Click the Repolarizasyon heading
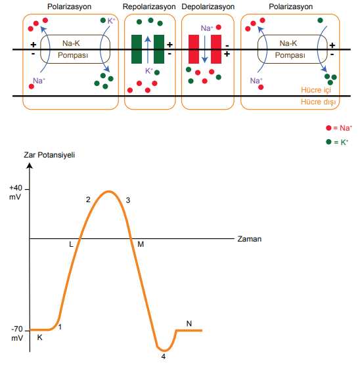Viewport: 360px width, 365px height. coord(149,7)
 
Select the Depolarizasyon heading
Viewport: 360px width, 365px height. coord(208,7)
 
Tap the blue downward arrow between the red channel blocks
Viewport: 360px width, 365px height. coord(204,49)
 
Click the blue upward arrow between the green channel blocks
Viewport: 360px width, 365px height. coord(148,50)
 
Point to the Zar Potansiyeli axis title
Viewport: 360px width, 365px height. coord(49,155)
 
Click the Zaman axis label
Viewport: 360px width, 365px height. coord(250,239)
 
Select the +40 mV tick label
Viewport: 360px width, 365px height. coord(15,192)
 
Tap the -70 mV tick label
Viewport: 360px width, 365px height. coord(17,333)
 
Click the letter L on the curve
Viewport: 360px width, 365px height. coord(72,244)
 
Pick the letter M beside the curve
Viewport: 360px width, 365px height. coord(141,244)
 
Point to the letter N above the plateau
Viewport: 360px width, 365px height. coord(189,324)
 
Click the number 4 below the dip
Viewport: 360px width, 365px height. coord(164,356)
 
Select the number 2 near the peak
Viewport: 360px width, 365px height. coord(88,200)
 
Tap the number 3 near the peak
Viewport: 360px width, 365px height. coord(128,200)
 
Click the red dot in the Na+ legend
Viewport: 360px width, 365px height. coord(328,128)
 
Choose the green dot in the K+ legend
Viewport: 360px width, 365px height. coord(328,142)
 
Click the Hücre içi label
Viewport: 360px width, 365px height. coord(316,90)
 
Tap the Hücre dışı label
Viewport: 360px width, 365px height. coord(319,102)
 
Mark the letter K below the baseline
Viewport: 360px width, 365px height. coord(40,337)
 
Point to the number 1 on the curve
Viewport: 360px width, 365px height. coord(60,327)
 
